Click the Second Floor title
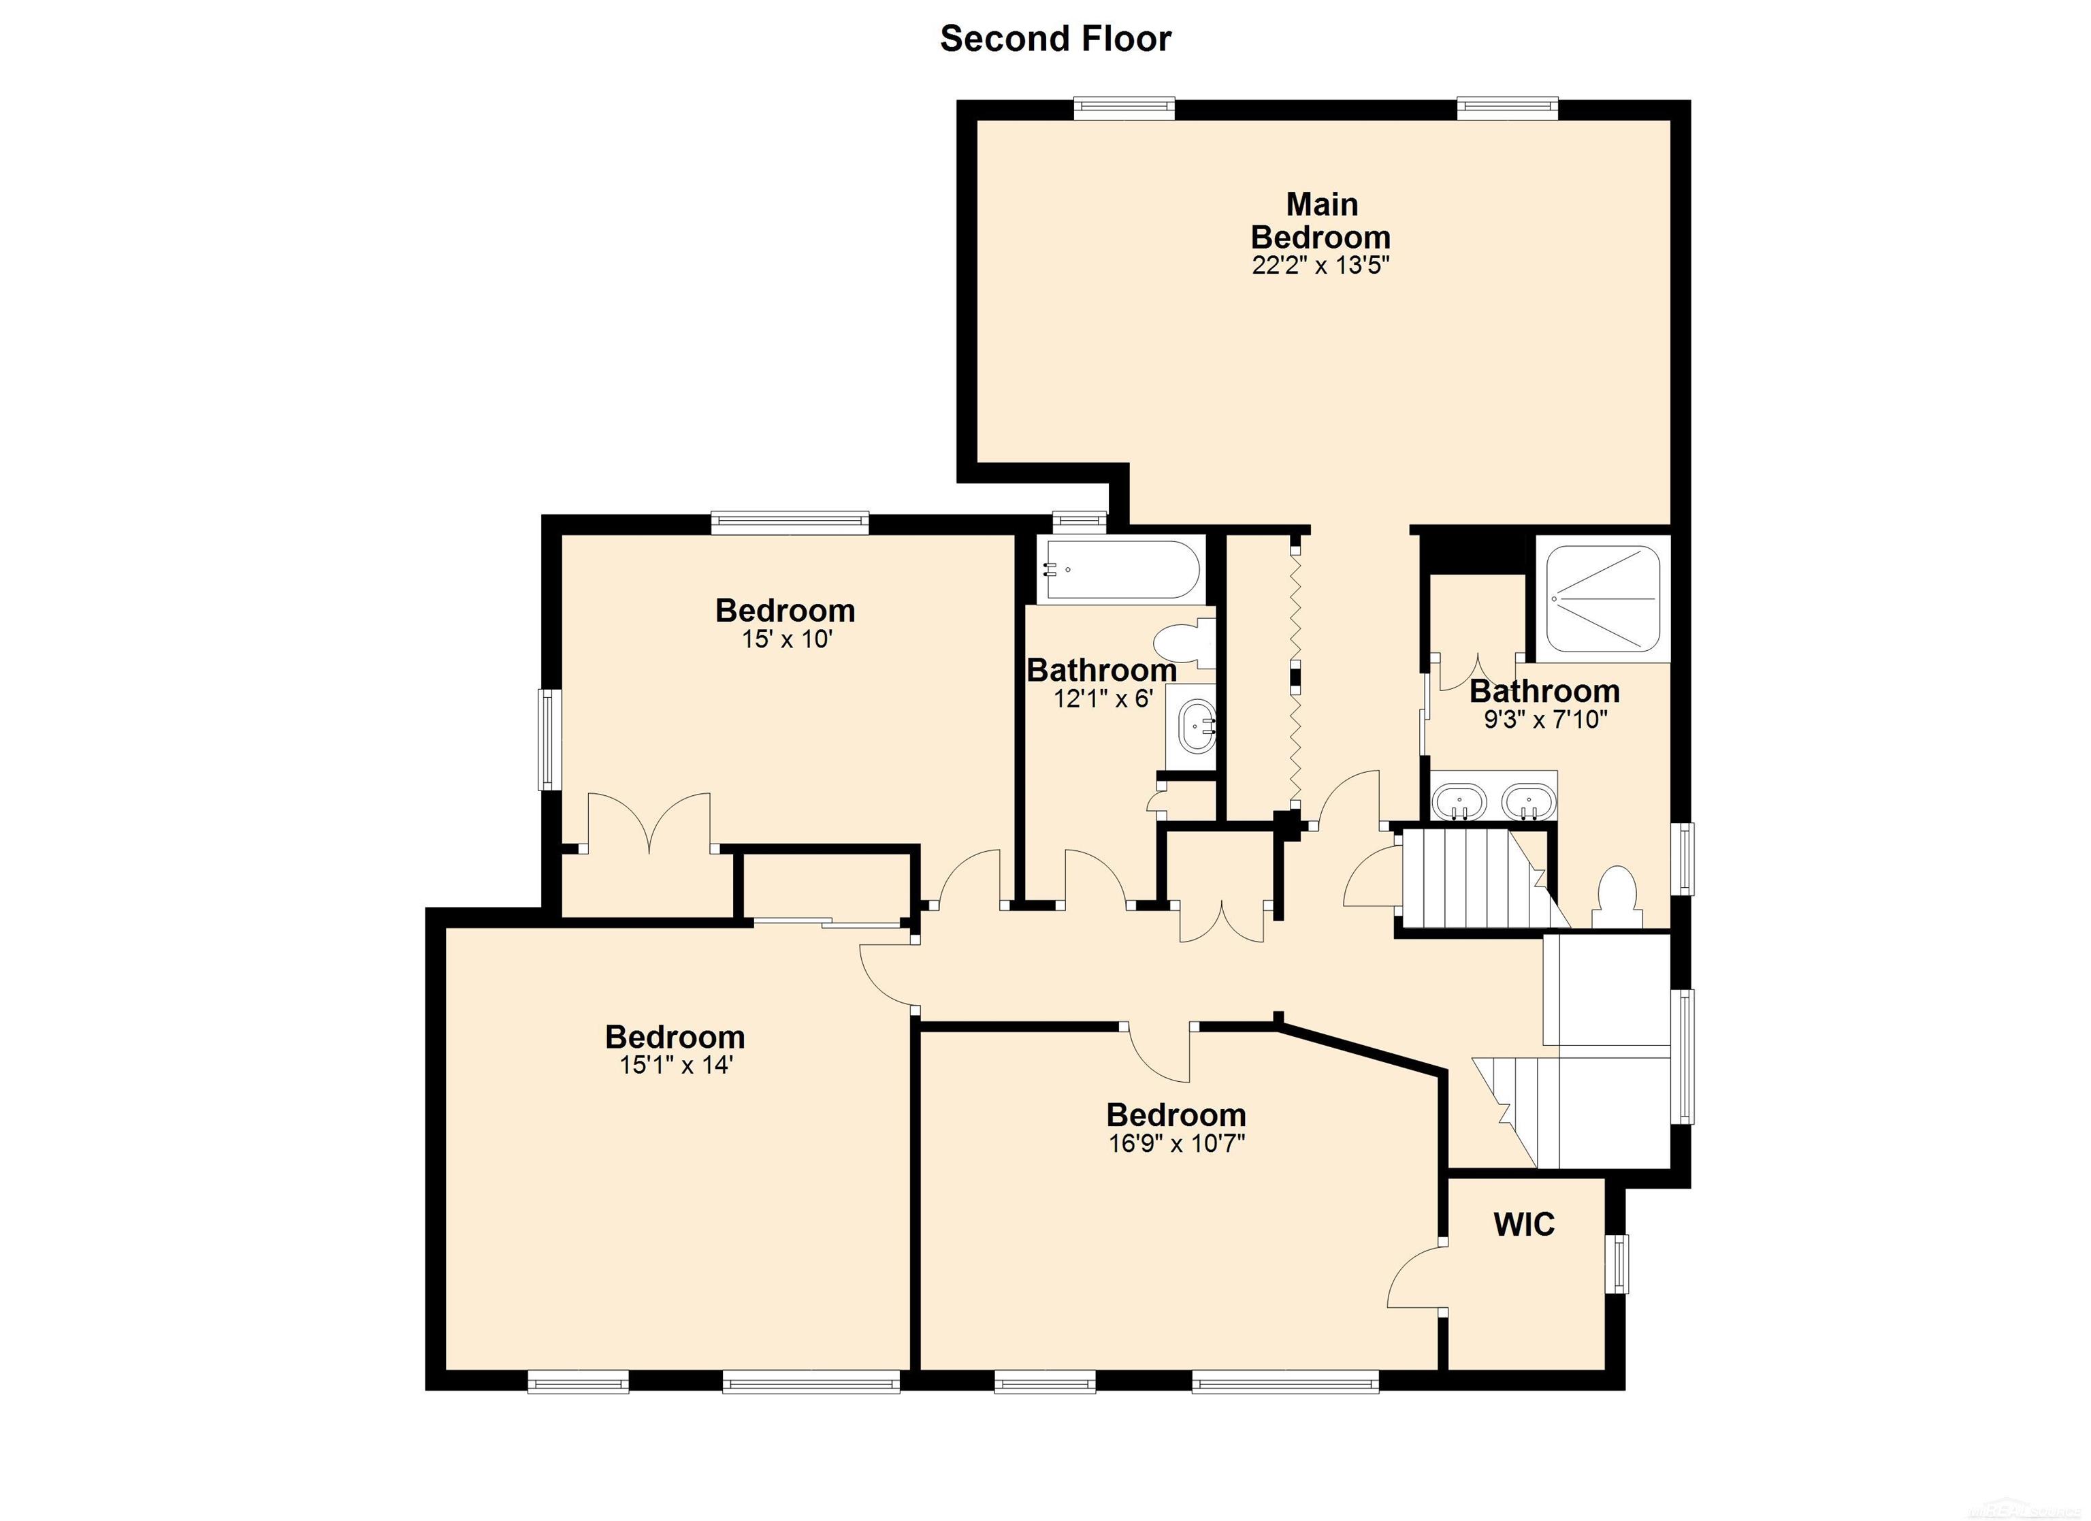(1055, 39)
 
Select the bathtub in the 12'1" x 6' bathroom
(1121, 569)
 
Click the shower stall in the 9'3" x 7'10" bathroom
(1602, 598)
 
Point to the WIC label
(1524, 1225)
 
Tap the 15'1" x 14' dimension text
(676, 1066)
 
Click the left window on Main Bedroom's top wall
(1124, 109)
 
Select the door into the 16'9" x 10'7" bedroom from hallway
(1160, 1054)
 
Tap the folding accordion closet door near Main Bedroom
(1296, 678)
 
